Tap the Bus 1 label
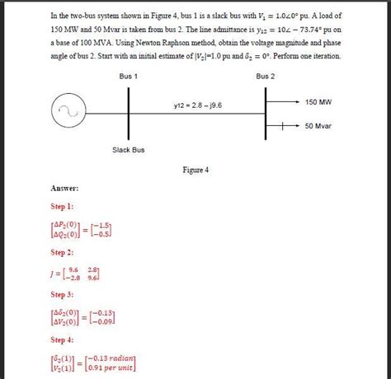click(129, 76)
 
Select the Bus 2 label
click(266, 76)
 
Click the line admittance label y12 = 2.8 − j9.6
click(197, 105)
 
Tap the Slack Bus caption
click(129, 149)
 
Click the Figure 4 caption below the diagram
click(195, 171)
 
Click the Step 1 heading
click(62, 206)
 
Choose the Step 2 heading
click(62, 252)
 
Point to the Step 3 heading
click(62, 294)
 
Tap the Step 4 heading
click(62, 339)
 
